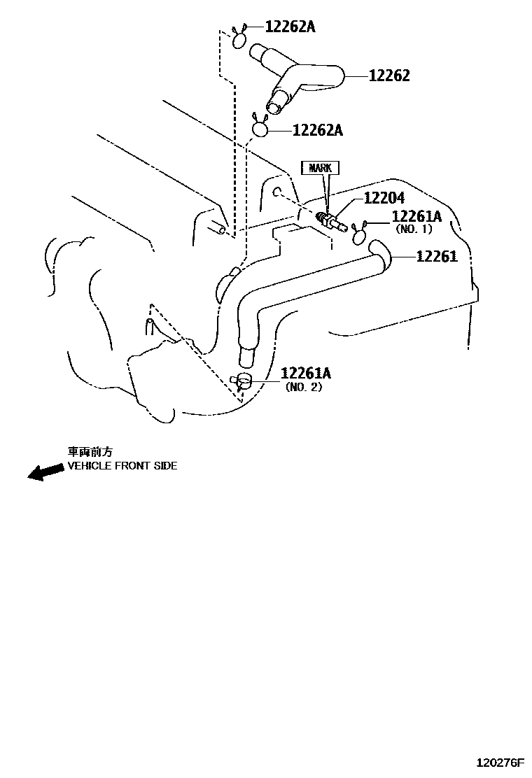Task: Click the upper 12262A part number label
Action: click(290, 27)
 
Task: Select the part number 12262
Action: click(389, 76)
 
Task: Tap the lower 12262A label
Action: click(317, 130)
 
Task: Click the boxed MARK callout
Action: click(321, 168)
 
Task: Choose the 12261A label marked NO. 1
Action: click(416, 217)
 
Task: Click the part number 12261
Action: click(436, 257)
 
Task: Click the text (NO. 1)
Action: click(414, 229)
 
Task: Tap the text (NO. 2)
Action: click(304, 387)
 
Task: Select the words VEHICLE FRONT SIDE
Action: click(122, 466)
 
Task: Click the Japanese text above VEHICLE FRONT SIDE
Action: click(89, 452)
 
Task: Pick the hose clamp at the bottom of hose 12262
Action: click(260, 128)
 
